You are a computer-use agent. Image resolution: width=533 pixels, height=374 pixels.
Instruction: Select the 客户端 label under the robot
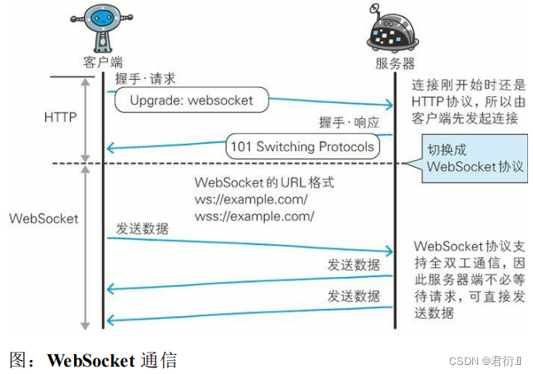pyautogui.click(x=100, y=62)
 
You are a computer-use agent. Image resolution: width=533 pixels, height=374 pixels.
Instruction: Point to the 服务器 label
pyautogui.click(x=391, y=63)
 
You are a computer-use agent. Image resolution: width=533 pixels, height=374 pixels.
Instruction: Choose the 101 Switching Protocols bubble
pyautogui.click(x=302, y=148)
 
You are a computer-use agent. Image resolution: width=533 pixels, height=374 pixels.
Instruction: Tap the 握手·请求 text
pyautogui.click(x=145, y=80)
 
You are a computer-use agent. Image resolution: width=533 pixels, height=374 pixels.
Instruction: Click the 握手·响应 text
pyautogui.click(x=349, y=122)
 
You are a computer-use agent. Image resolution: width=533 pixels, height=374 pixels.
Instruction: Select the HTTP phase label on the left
pyautogui.click(x=60, y=118)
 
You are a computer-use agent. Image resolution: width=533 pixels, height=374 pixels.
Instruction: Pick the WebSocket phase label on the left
pyautogui.click(x=44, y=219)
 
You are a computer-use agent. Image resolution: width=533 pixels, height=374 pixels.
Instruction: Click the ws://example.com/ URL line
pyautogui.click(x=251, y=200)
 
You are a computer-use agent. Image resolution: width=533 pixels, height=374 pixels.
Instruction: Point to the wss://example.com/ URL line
pyautogui.click(x=254, y=216)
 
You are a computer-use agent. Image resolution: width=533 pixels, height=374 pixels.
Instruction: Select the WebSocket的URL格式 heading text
pyautogui.click(x=264, y=182)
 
